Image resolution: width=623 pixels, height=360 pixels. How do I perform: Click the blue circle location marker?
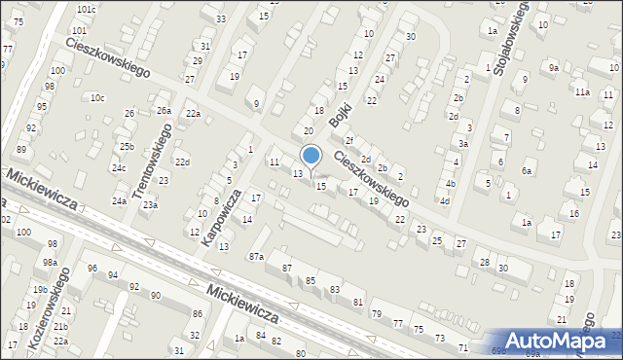coord(311,155)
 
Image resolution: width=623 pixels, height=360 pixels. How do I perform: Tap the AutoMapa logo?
coord(555,340)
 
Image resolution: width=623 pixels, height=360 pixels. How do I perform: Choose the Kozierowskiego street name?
coord(49,307)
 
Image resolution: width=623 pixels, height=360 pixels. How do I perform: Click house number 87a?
coord(256,256)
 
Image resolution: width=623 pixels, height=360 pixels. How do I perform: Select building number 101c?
coord(87,10)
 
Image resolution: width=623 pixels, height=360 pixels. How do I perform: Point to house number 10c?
coord(97,97)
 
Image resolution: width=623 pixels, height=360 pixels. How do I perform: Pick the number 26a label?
coord(164,111)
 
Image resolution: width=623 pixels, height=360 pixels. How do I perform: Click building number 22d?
coord(181,162)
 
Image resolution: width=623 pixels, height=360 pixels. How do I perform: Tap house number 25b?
coord(127,146)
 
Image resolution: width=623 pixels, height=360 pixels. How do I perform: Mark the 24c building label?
coord(118,168)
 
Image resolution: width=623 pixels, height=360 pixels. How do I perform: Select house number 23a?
coord(150,205)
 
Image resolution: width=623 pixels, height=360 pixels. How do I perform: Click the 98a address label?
coord(50,263)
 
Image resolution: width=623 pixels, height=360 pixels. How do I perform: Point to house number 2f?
coord(348,142)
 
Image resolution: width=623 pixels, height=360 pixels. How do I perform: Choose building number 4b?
coord(450,183)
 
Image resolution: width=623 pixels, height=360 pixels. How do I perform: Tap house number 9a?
coord(553,68)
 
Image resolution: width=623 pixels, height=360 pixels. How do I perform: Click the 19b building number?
coord(39,290)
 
